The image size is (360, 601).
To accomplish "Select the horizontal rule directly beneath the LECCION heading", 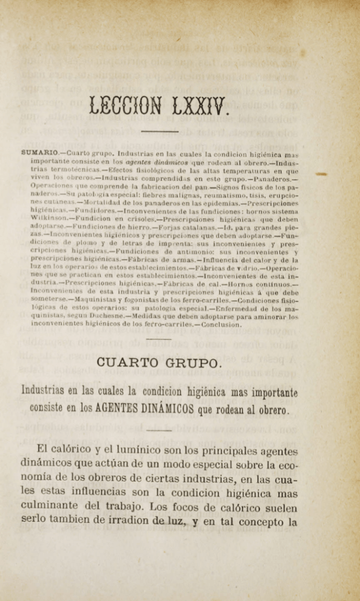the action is click(159, 131).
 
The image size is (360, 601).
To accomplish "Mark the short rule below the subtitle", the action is click(159, 430).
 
